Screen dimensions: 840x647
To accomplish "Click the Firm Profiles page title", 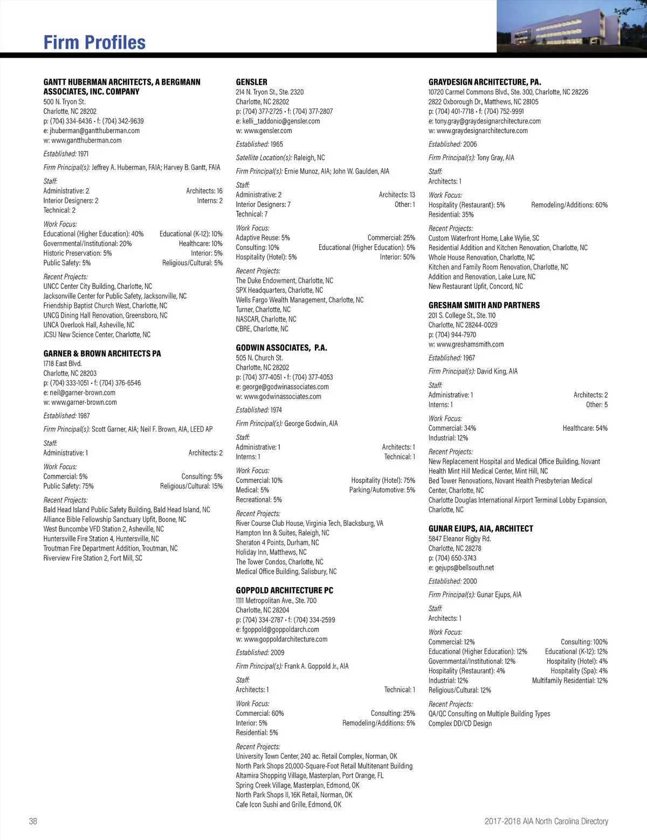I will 94,43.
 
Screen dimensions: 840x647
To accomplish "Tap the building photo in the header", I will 572,26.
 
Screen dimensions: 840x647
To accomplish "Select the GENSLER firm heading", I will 251,82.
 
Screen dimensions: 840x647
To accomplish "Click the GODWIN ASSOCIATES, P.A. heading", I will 281,348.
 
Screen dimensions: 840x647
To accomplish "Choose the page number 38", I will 33,821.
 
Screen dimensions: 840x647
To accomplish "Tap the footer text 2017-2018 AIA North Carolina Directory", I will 546,821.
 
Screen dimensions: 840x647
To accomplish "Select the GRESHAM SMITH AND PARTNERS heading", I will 484,305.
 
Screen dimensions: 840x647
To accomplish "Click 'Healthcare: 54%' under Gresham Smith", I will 585,428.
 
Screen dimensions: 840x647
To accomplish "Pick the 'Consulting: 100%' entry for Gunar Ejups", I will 584,642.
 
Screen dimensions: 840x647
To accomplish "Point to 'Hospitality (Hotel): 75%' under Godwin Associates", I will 383,480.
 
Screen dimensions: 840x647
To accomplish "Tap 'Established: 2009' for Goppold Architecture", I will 260,652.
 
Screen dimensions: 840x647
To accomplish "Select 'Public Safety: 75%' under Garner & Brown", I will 68,486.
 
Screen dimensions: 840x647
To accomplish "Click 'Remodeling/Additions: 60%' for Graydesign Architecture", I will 569,205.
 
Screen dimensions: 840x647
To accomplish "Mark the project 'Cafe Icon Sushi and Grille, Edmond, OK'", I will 288,804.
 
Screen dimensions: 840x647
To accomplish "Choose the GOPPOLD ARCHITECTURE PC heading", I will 284,590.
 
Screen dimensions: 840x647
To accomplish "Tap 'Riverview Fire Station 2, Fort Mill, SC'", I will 93,558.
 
